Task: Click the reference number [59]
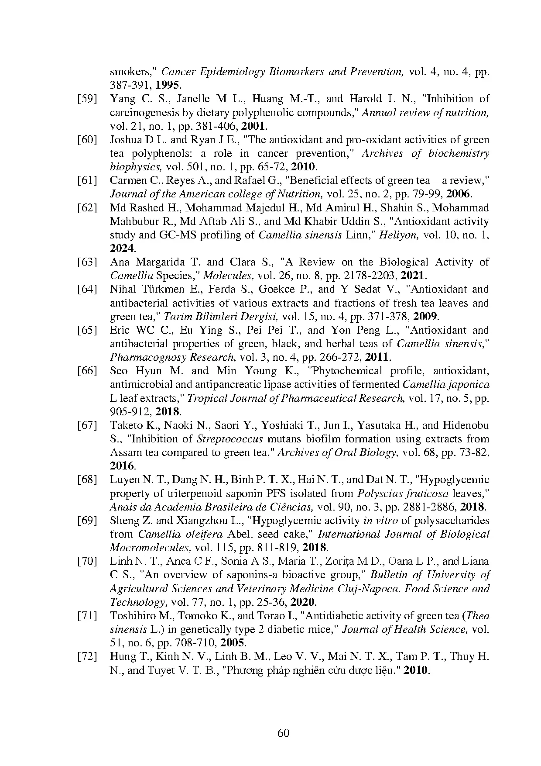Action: tap(87, 99)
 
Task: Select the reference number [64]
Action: tap(87, 289)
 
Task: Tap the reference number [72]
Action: tap(87, 656)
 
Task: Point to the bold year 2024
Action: tap(122, 248)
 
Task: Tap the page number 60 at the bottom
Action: tap(283, 732)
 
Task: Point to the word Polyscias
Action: tap(377, 493)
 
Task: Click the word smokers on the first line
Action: tap(133, 72)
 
